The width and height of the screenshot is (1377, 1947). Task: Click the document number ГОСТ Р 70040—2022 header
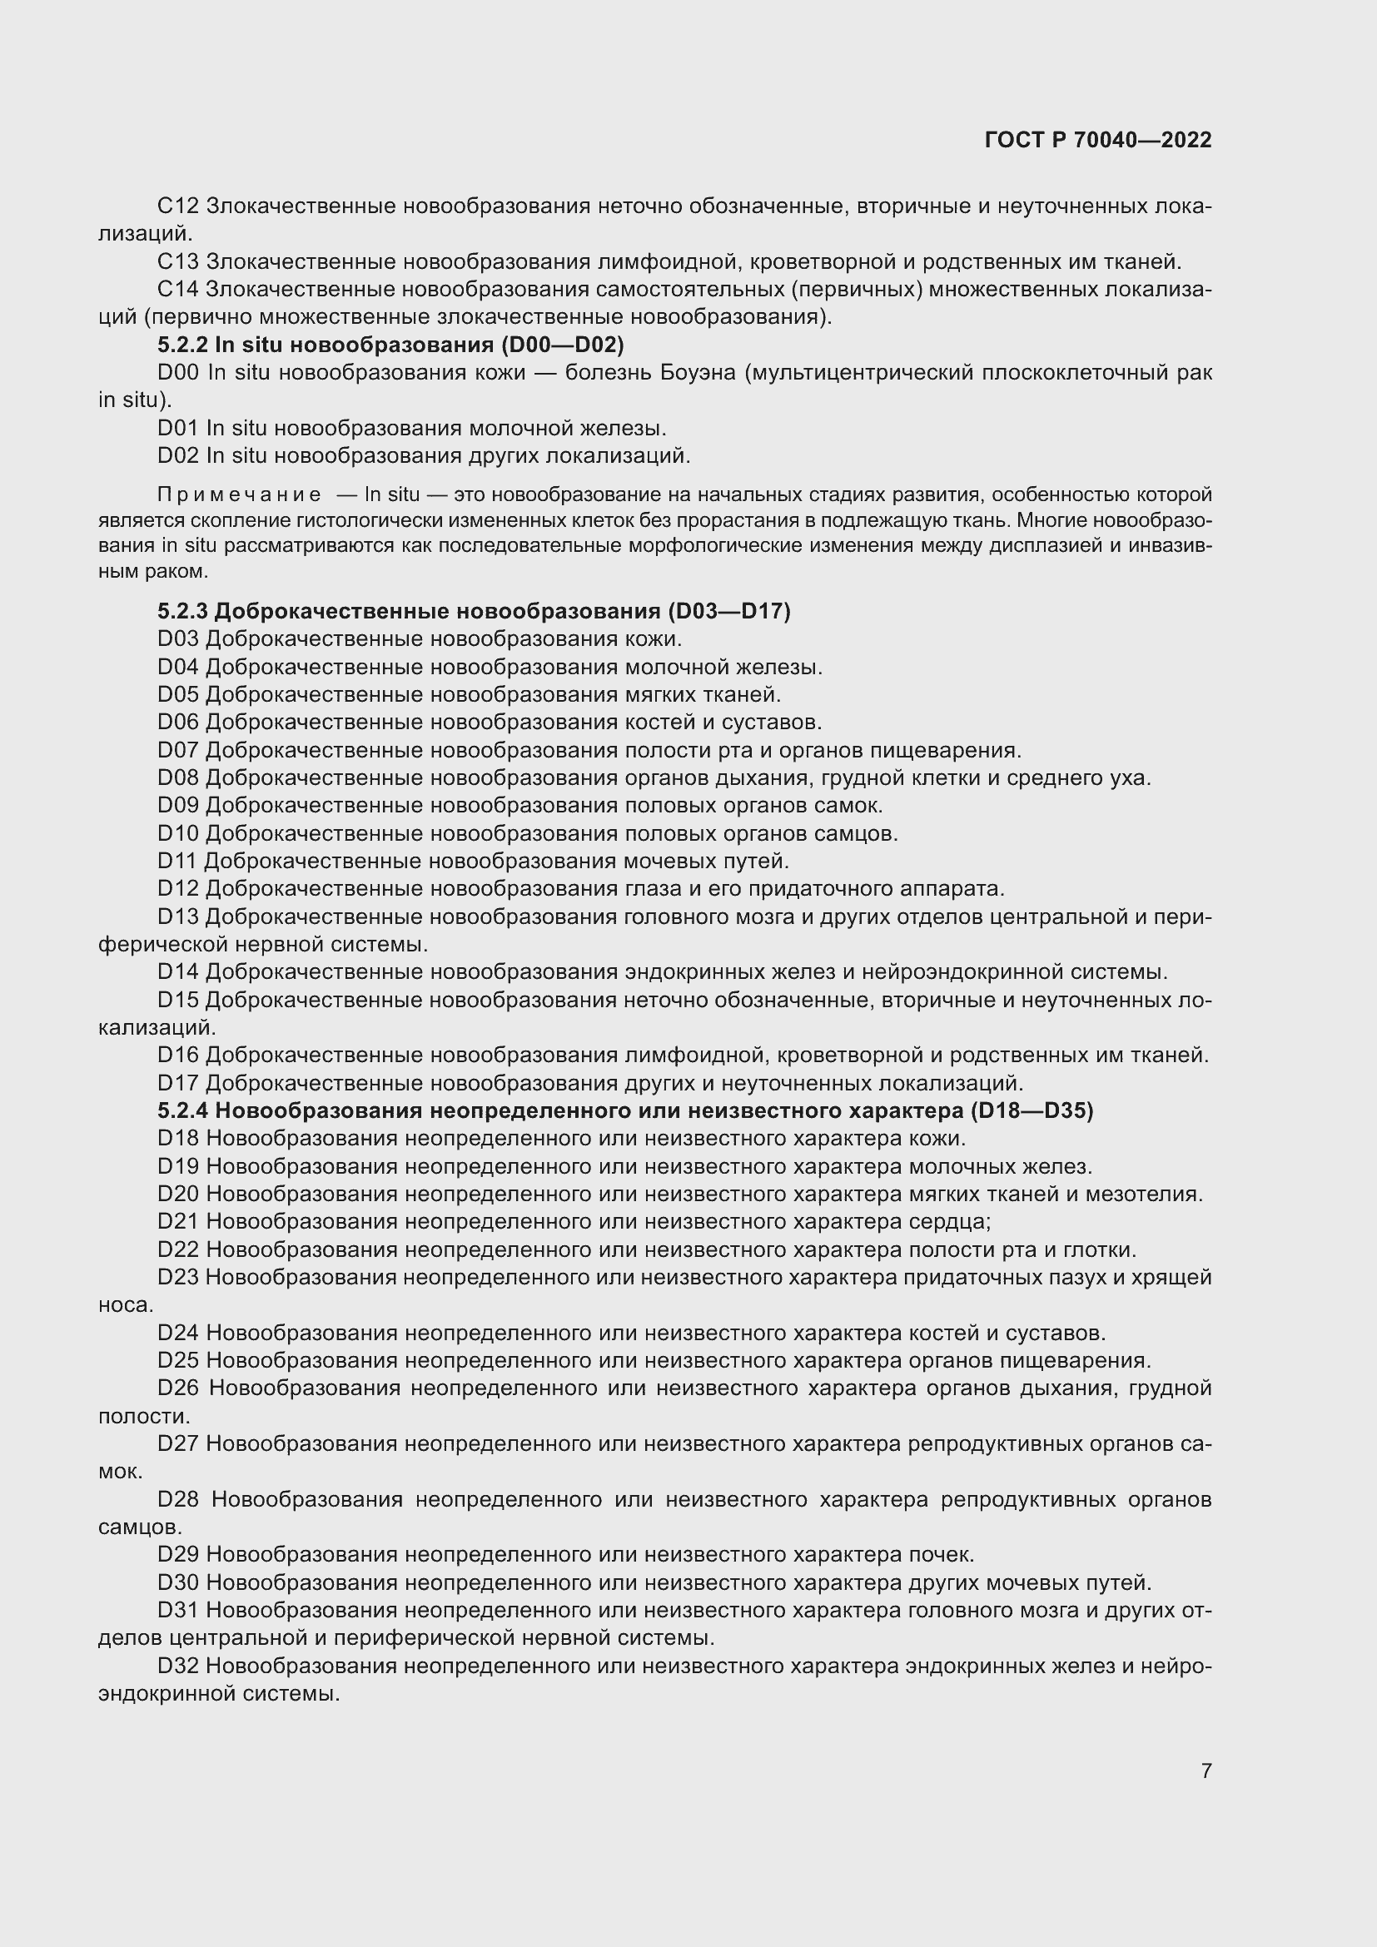click(1098, 141)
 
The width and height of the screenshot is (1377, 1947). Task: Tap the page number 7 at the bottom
click(1205, 1771)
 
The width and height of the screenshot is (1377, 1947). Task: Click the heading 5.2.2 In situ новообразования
click(390, 345)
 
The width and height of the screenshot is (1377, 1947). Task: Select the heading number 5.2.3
click(182, 612)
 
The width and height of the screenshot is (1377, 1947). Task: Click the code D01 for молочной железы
click(177, 429)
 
